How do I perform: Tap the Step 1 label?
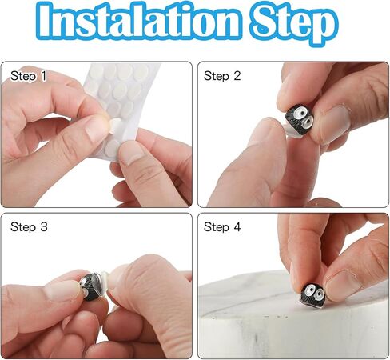tap(29, 76)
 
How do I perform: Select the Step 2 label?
tap(222, 76)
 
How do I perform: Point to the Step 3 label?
tap(29, 227)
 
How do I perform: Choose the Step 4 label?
tap(222, 227)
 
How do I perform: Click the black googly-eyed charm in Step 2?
tap(300, 120)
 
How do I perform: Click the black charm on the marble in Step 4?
tap(312, 295)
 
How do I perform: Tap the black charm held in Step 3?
tap(90, 286)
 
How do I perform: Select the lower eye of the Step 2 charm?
tap(308, 122)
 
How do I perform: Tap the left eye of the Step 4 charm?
tap(309, 289)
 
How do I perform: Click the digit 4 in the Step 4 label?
tap(237, 227)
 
